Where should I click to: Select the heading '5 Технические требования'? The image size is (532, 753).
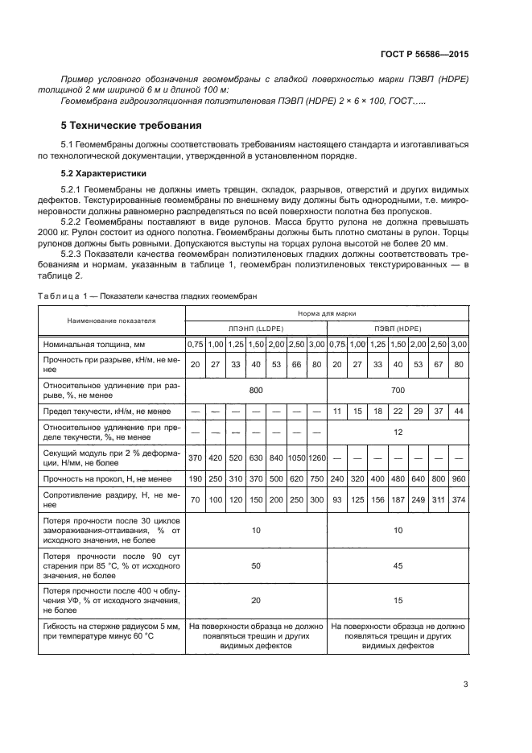131,126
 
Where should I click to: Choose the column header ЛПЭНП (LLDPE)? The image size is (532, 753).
255,328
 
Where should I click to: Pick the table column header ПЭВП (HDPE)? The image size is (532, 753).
398,328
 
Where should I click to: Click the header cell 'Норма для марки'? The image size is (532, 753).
327,312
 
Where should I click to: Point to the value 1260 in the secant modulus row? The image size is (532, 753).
317,458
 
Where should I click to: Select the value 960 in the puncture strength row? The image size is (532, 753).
459,478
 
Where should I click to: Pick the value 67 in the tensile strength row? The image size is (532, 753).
439,364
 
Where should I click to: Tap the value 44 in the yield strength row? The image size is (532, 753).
459,412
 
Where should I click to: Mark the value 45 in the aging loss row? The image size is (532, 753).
398,566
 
